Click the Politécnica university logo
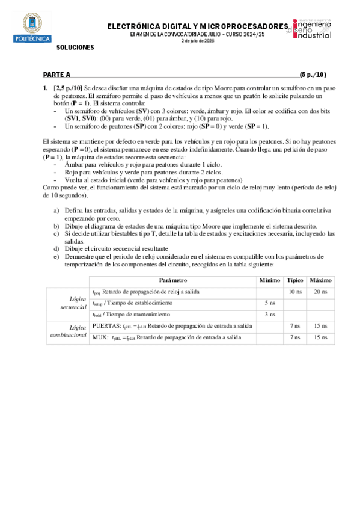click(28, 29)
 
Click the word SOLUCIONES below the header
click(75, 47)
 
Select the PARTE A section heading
click(56, 75)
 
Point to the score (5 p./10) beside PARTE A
click(313, 75)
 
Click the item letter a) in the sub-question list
click(57, 211)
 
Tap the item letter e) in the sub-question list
click(57, 256)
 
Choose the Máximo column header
click(320, 280)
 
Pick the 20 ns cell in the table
click(320, 292)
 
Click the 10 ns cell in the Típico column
click(294, 292)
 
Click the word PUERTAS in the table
click(106, 326)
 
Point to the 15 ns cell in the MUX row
click(320, 337)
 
